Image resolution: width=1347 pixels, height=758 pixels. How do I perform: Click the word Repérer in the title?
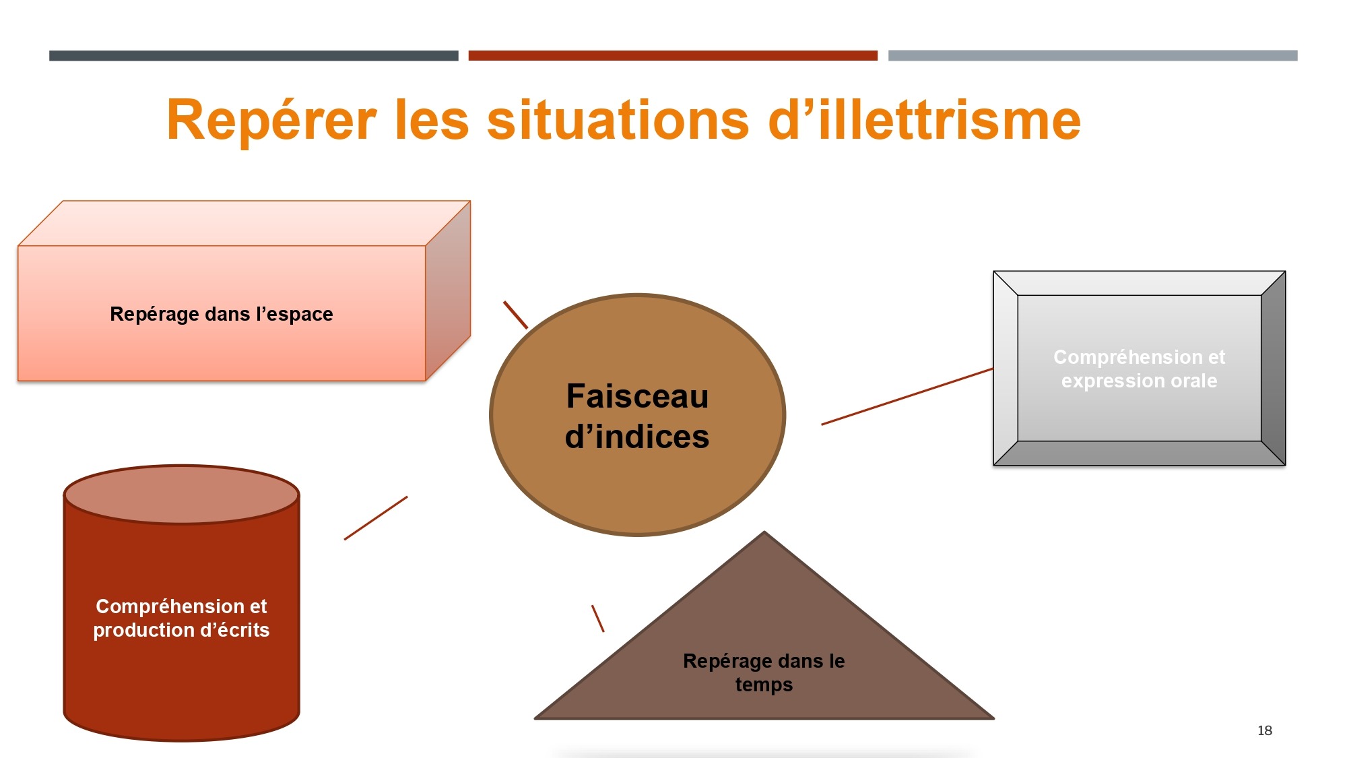(271, 121)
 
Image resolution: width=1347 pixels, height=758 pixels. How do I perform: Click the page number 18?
(1265, 730)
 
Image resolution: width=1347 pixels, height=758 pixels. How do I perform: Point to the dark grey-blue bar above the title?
(254, 56)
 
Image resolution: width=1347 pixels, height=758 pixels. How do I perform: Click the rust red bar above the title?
(673, 56)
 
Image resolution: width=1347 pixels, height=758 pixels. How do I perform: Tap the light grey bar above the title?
(1092, 56)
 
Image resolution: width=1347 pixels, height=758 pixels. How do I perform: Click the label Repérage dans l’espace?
(222, 314)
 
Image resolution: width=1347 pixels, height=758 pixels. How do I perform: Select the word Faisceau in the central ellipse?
(637, 396)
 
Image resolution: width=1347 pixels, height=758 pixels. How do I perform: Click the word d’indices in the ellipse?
(637, 437)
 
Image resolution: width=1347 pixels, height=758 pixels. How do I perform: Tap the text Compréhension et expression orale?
(1140, 369)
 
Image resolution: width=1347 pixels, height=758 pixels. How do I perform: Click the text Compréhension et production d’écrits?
(181, 618)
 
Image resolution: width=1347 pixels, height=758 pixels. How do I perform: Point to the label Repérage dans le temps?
(764, 672)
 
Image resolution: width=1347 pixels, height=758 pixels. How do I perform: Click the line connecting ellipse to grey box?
(907, 396)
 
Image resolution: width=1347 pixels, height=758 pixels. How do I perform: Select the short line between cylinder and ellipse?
(376, 518)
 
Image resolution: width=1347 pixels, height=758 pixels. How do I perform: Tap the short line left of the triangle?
(598, 619)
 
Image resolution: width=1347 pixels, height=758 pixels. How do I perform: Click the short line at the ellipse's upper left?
(516, 315)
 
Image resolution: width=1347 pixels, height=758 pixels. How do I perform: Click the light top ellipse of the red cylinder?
(181, 495)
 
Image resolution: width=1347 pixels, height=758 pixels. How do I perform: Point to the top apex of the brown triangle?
(764, 532)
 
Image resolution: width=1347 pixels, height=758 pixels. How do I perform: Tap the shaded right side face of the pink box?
(448, 290)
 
